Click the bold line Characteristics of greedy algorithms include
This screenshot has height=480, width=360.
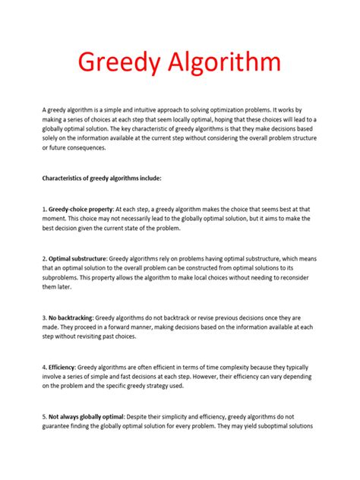pyautogui.click(x=101, y=179)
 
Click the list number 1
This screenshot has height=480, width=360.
pyautogui.click(x=43, y=207)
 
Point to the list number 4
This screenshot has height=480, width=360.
pyautogui.click(x=43, y=367)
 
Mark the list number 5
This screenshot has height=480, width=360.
pyautogui.click(x=43, y=416)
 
